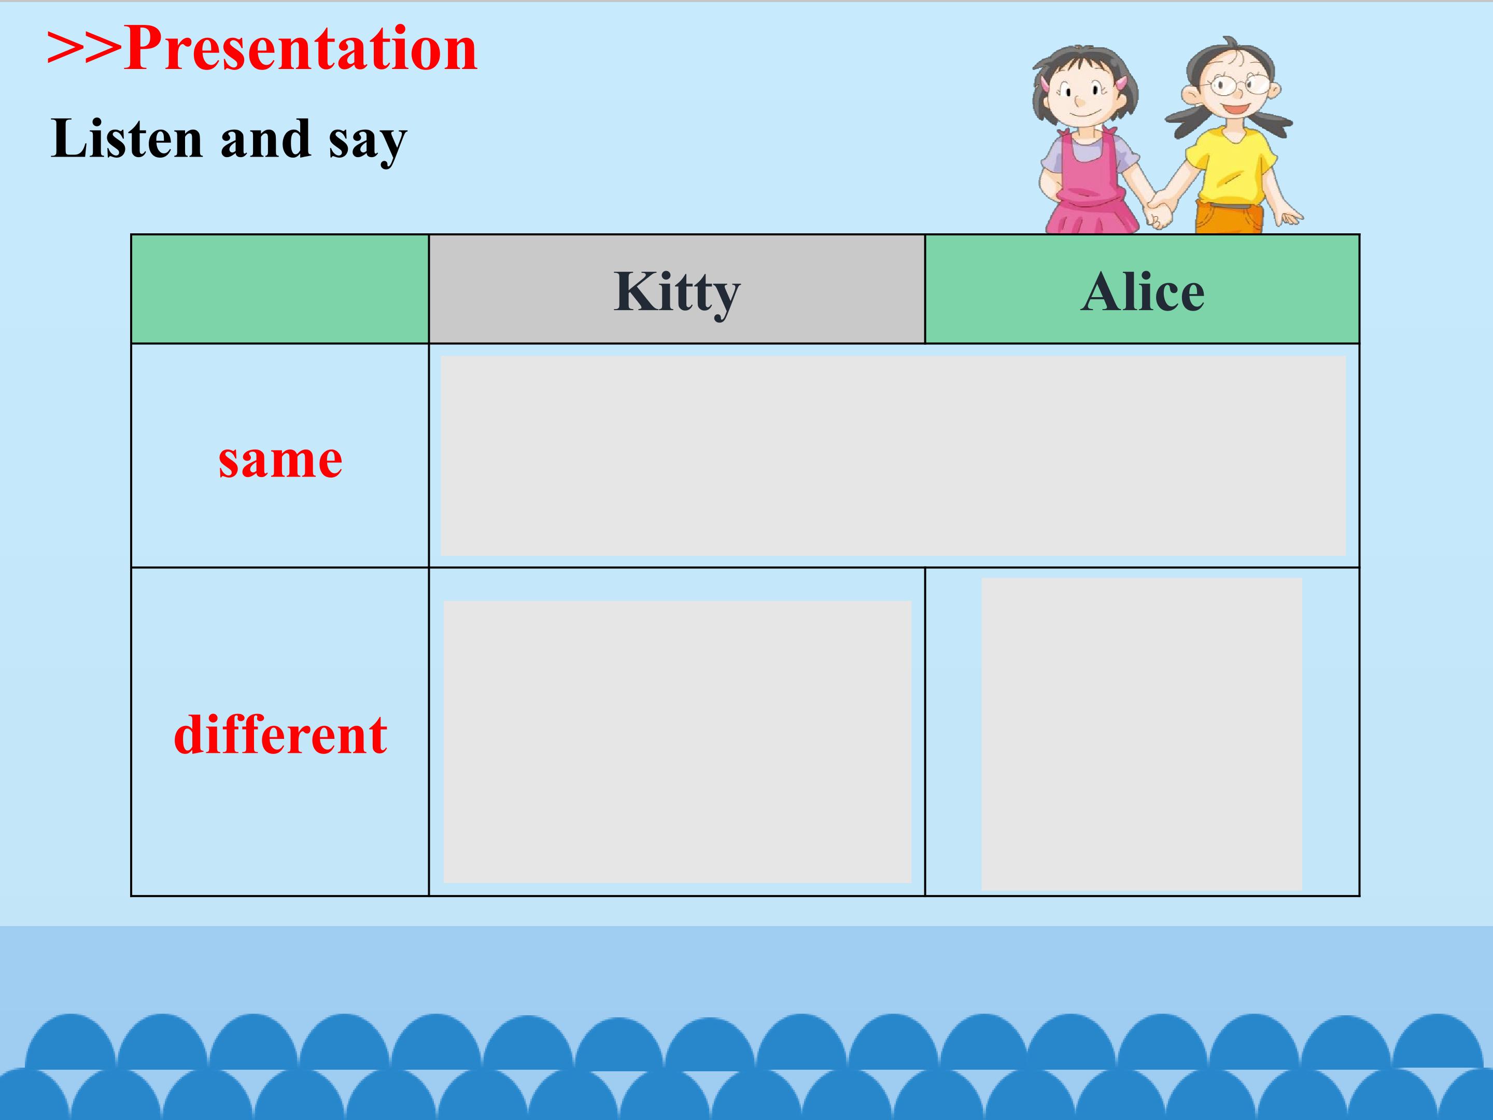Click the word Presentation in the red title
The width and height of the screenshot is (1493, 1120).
(x=300, y=49)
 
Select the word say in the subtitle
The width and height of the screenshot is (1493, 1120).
(x=368, y=144)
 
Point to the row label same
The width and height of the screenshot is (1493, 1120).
(x=280, y=460)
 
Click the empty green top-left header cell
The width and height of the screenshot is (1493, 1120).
(x=280, y=289)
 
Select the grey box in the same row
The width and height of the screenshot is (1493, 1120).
(x=893, y=456)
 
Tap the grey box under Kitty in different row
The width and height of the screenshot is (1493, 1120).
(x=677, y=741)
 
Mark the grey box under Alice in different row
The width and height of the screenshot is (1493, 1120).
(x=1142, y=734)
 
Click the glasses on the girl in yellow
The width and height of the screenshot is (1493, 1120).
(x=1240, y=85)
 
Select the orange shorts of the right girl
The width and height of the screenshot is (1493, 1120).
(x=1229, y=217)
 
